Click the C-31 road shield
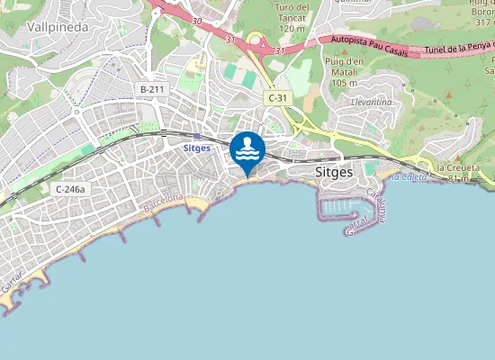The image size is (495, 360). click(x=276, y=96)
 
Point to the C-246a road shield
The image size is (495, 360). click(x=69, y=189)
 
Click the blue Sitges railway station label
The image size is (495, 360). click(x=196, y=148)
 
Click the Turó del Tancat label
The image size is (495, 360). click(x=294, y=17)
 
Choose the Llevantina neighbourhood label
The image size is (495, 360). click(x=373, y=103)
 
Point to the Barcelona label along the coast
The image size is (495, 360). click(x=162, y=204)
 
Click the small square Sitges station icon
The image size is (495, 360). click(x=196, y=136)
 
